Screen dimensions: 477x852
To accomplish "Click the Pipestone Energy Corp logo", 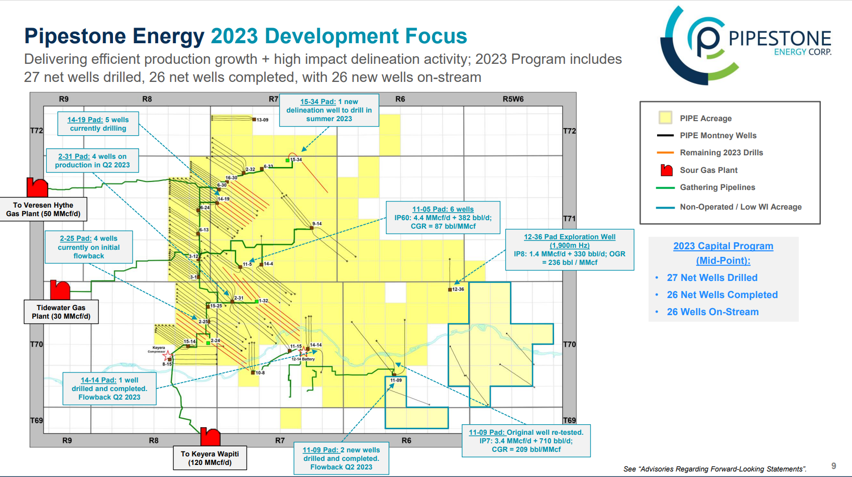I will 746,45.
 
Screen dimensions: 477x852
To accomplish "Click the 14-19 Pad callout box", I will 98,124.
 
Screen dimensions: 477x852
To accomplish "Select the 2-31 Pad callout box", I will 92,161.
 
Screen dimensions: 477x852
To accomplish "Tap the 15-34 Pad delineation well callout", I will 329,110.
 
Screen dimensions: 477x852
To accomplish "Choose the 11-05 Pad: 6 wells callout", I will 443,218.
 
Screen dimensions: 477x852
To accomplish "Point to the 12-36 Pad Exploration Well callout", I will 570,250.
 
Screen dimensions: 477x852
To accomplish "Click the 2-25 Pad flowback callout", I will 89,247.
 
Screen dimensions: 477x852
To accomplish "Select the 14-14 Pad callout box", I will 110,389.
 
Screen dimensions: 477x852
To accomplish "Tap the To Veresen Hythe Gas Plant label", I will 43,210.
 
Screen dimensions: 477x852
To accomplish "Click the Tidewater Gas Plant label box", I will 61,312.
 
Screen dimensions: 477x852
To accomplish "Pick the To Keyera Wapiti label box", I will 210,458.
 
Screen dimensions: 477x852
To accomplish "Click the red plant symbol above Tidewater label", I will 60,290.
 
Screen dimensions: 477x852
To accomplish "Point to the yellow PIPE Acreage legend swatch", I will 666,118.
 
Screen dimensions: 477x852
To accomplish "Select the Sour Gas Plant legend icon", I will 667,170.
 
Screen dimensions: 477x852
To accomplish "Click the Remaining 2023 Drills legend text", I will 721,153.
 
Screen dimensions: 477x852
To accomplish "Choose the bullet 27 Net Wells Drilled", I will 712,278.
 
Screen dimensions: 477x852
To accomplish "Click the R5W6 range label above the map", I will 513,99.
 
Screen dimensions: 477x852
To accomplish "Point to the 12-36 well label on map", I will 458,290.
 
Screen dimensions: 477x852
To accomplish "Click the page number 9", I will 834,466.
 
